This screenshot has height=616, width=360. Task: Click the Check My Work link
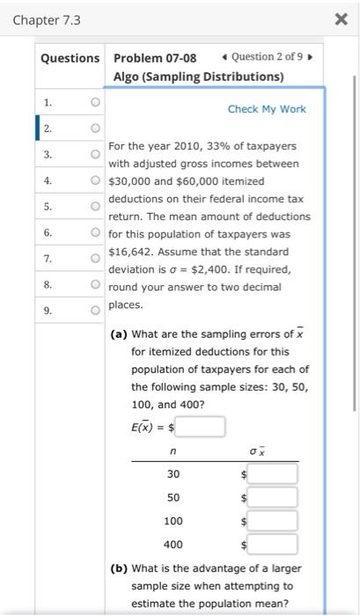(267, 109)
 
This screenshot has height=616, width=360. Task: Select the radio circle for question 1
(93, 102)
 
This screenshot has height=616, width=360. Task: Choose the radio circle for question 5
(93, 207)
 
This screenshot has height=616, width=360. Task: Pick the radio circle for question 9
(93, 311)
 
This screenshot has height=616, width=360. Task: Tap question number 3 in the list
(48, 155)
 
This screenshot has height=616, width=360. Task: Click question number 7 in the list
(48, 259)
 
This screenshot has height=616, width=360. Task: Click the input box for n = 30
(271, 474)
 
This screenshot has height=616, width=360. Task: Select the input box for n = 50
(271, 497)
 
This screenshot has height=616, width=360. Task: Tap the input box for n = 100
(271, 521)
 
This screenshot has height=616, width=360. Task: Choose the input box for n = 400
(271, 545)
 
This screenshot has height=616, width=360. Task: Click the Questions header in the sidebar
(70, 58)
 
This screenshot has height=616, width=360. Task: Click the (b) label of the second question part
(119, 568)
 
